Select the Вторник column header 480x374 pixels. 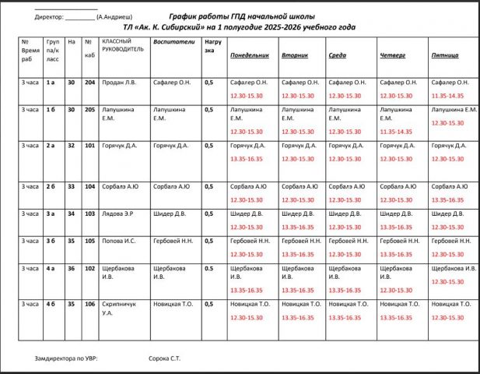tap(295, 55)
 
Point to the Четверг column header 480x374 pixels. tap(392, 55)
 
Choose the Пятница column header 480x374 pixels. tap(444, 55)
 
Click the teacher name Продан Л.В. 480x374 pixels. tap(120, 82)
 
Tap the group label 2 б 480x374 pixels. tap(52, 186)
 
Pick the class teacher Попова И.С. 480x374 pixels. tap(119, 241)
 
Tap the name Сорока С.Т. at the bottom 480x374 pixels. tap(165, 359)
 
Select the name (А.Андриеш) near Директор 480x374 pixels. tap(114, 16)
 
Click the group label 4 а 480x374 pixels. tap(52, 268)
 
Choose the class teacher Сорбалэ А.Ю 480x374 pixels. tap(121, 186)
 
